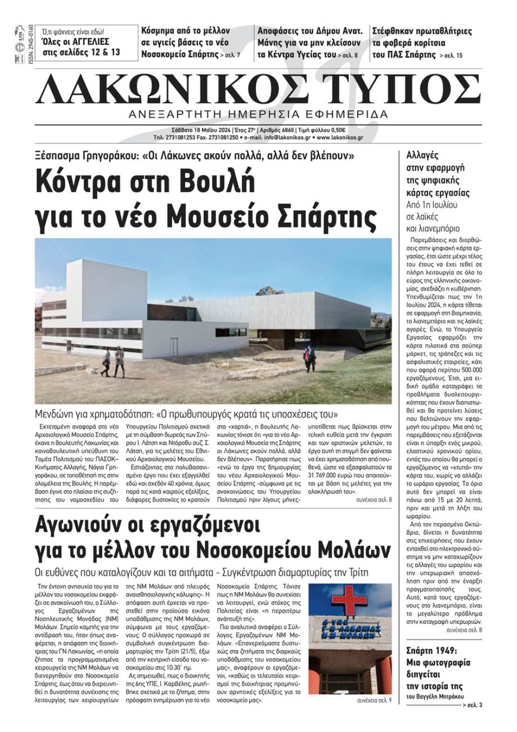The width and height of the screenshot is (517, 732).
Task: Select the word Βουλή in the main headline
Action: click(222, 184)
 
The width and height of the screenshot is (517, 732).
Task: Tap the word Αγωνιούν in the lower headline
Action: click(87, 525)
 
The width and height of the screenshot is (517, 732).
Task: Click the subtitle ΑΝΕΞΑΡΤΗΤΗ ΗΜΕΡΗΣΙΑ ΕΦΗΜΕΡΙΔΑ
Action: click(258, 114)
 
